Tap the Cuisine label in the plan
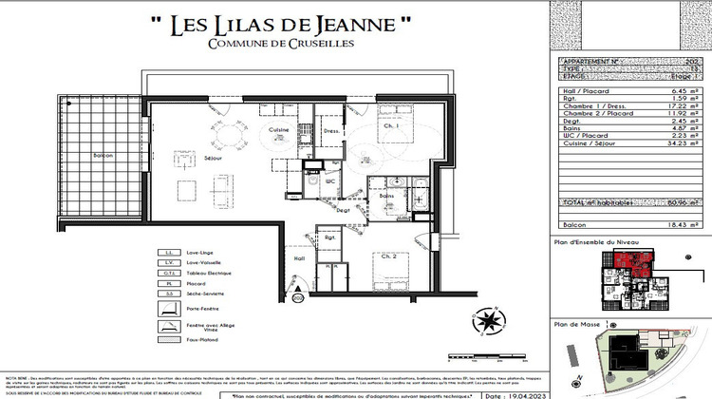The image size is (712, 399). [x=277, y=129]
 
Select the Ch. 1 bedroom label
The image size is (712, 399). [x=365, y=125]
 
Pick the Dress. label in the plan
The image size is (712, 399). [x=331, y=131]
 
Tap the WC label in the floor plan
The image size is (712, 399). [x=331, y=180]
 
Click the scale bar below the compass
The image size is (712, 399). [x=490, y=348]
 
